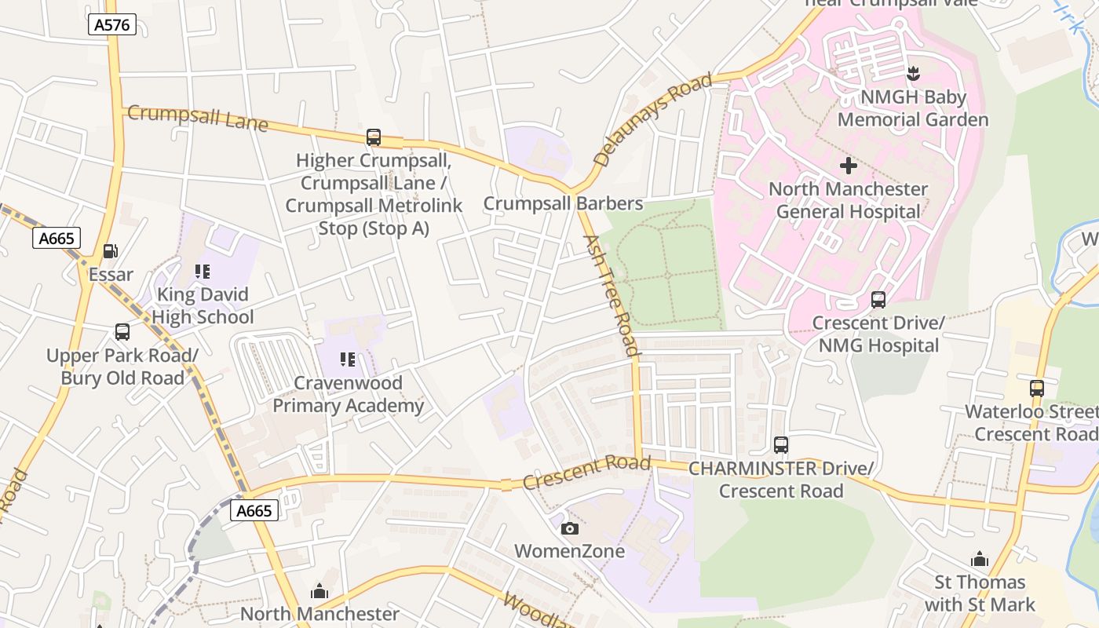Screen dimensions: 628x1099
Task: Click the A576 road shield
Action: pos(111,25)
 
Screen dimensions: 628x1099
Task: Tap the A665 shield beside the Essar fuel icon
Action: pos(57,238)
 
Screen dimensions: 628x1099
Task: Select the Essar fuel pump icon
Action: pos(111,251)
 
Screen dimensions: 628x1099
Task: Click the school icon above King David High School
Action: pos(203,272)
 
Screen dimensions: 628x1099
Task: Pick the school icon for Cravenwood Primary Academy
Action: pos(348,360)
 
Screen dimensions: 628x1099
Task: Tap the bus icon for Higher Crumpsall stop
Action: pos(374,137)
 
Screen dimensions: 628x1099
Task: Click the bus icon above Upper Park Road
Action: pos(122,332)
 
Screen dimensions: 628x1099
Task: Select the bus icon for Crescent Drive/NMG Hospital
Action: pos(878,300)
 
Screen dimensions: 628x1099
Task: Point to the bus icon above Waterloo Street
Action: pos(1037,389)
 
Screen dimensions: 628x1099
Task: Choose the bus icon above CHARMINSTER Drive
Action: pos(781,445)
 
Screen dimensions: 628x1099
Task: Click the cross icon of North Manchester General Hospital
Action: pos(849,166)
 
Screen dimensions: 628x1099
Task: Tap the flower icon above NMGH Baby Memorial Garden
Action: pos(912,75)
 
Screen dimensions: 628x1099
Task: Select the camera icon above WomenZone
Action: pos(571,528)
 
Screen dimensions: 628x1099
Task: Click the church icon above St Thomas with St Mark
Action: pos(980,559)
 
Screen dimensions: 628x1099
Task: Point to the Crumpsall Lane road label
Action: pos(197,119)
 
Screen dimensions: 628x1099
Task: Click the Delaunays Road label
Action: pos(652,119)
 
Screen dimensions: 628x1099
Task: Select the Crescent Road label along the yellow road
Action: pos(586,472)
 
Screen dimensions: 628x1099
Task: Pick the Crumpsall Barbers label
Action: pos(563,203)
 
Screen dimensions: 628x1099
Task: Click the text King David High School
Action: pos(203,306)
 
